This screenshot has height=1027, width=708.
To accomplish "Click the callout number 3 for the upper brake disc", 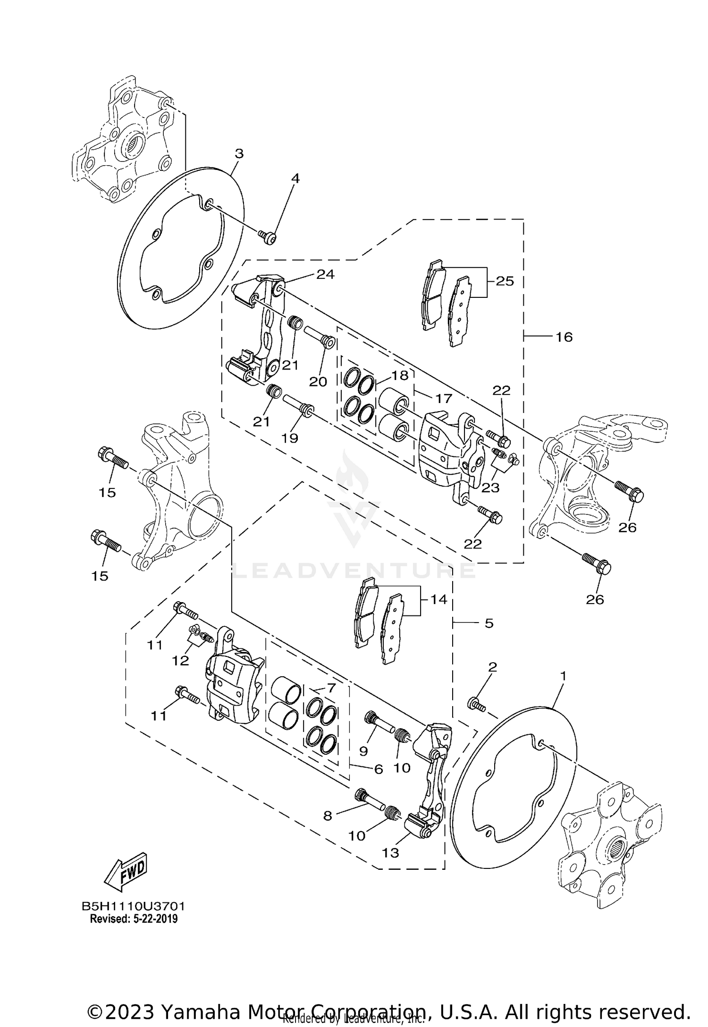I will (239, 154).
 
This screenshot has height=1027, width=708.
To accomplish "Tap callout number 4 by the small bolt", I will (295, 178).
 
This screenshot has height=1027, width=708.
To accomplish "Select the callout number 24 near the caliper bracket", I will (325, 274).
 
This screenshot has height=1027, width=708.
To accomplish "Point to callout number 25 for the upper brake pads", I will (505, 281).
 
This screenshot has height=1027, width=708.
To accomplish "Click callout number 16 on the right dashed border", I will (564, 337).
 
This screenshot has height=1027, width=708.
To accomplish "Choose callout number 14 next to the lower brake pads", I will (438, 599).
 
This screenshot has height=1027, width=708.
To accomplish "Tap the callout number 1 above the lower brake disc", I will (563, 676).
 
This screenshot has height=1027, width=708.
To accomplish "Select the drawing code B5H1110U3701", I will (134, 907).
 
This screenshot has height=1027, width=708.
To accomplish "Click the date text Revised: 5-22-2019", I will (134, 919).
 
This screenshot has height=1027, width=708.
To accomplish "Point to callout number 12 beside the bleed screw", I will (180, 661).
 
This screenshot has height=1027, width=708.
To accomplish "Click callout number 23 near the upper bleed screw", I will (490, 487).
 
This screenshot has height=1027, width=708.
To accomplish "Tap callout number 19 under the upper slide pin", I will (290, 438).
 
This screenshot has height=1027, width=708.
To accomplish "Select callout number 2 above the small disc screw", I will (492, 667).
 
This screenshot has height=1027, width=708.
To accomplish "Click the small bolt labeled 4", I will (269, 238).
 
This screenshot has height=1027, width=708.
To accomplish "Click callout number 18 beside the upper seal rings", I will (399, 375).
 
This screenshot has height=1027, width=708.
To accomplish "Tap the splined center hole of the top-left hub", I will (135, 141).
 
